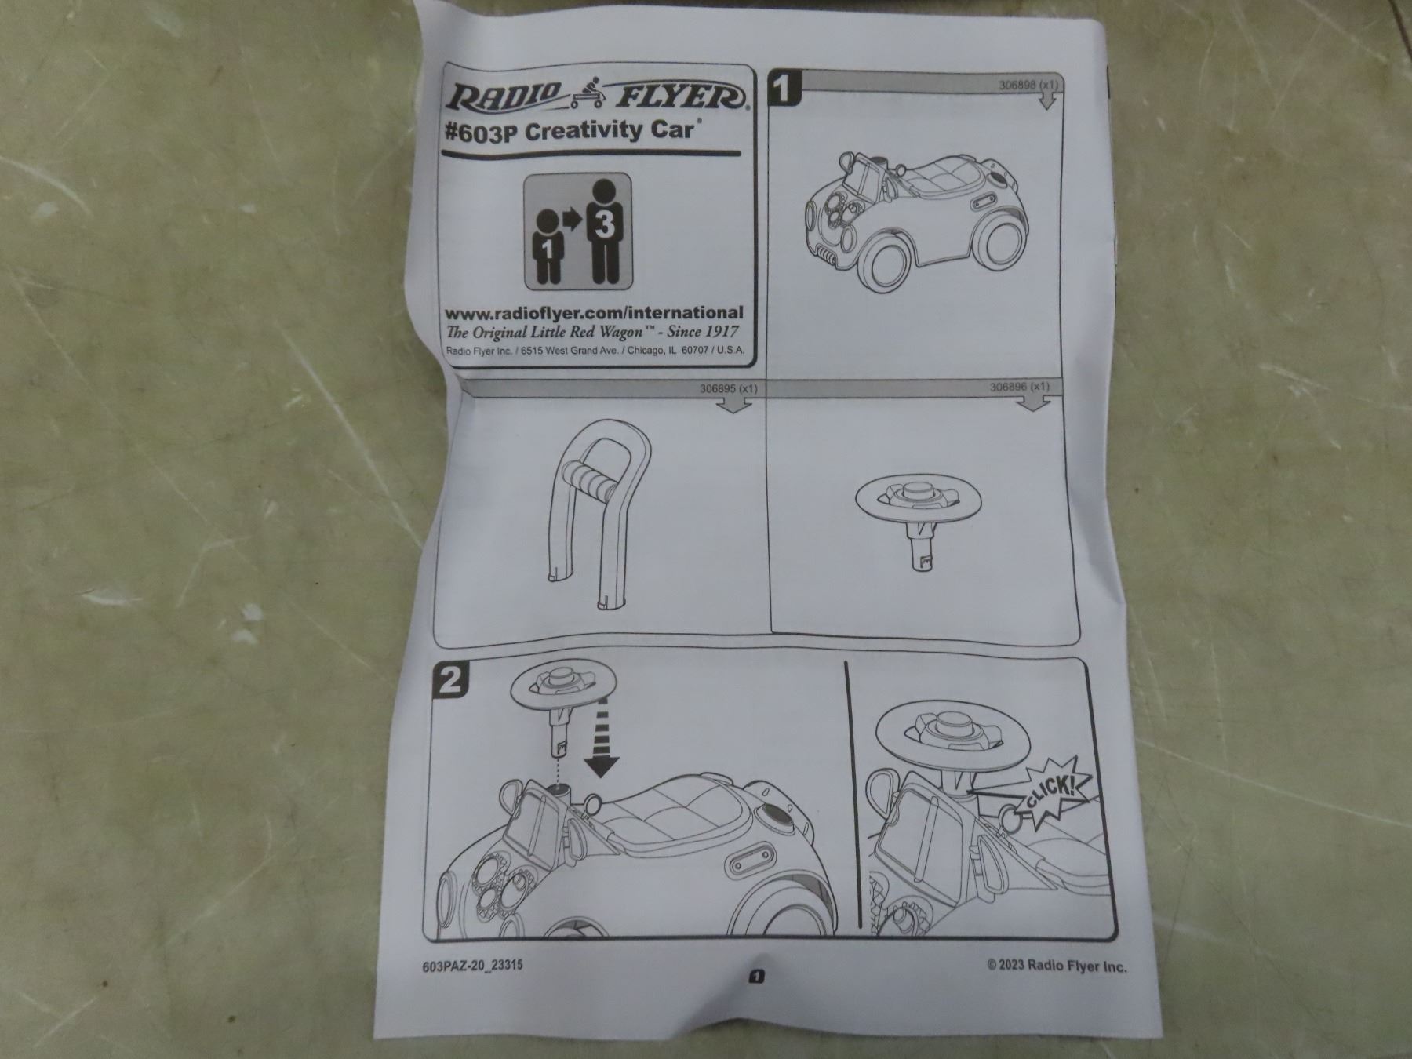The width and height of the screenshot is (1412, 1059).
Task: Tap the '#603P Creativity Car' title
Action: tap(570, 132)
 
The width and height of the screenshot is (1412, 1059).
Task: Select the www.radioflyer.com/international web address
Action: tap(594, 313)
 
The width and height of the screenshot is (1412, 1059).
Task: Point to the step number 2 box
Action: tap(450, 679)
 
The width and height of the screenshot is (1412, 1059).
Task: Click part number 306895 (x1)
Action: tap(729, 388)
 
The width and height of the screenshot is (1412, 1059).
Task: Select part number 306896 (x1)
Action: tap(1019, 387)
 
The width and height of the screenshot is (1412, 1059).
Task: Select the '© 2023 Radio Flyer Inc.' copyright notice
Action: tap(1057, 966)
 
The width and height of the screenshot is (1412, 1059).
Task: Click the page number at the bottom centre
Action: tap(757, 976)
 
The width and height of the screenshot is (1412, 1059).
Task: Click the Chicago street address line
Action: tap(594, 351)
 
